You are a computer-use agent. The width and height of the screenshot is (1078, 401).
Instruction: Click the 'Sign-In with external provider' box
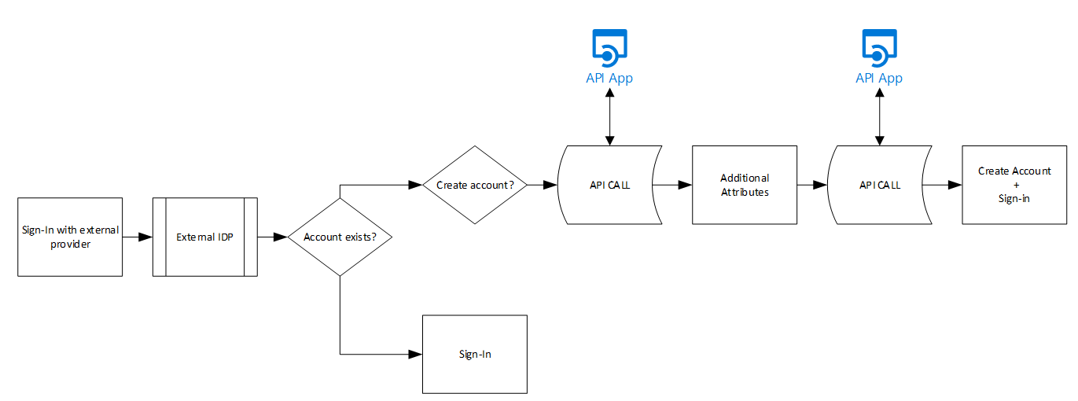pos(70,237)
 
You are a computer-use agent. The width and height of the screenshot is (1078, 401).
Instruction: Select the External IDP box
pos(204,237)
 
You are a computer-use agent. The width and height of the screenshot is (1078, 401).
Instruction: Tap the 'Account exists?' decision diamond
pos(340,237)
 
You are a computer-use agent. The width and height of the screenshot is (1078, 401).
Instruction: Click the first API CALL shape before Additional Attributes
pos(610,186)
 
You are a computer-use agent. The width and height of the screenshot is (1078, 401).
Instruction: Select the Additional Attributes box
pos(745,185)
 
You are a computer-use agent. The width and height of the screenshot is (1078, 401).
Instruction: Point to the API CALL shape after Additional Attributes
pos(880,186)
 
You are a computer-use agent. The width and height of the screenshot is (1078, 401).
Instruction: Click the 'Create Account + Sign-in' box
pos(1014,185)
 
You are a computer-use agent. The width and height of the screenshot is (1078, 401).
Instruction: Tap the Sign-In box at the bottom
pos(475,354)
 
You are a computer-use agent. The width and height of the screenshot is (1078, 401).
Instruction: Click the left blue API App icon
pos(609,47)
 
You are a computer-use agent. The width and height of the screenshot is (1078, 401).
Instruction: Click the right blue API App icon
pos(879,47)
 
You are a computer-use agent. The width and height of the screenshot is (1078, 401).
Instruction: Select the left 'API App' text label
pos(609,78)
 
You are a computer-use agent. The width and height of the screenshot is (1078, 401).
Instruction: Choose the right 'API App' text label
pos(879,78)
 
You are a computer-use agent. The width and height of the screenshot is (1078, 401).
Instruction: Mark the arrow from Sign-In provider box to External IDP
pos(138,237)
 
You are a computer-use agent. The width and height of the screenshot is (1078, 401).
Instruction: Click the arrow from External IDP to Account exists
pos(273,237)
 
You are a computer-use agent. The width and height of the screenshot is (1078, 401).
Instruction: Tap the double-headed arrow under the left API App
pos(609,116)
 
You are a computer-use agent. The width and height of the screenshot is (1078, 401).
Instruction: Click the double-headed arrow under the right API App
pos(879,116)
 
